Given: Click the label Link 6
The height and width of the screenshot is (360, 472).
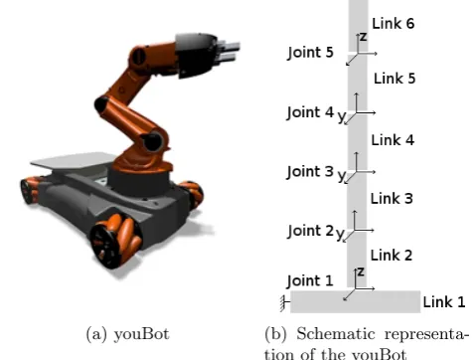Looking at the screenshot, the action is coord(393,24).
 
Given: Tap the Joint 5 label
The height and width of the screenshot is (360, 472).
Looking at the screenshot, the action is coord(310,53).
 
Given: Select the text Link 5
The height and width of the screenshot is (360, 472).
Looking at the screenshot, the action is coord(394,79).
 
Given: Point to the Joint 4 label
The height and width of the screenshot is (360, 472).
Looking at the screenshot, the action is coord(310,112).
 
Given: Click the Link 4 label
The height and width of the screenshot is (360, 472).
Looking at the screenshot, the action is coord(393,140).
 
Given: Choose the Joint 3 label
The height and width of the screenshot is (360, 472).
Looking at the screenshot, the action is coord(310,172).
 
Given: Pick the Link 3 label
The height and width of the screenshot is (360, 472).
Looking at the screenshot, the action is coord(392,199).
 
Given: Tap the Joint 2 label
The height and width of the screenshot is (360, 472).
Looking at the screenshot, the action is coord(310,231).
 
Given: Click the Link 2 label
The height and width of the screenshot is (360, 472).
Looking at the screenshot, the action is coord(392,256).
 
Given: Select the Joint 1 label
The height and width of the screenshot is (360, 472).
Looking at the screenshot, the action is coord(310,281).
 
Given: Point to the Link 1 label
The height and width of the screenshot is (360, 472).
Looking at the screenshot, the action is coord(444,302).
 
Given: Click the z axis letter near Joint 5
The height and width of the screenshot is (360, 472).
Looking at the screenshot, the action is coord(364,37).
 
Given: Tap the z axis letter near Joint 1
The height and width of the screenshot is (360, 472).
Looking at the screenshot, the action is coord(361,272).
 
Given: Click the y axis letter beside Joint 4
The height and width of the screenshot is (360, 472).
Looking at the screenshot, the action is coord(342,116).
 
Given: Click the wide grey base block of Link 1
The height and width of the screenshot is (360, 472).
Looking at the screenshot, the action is coord(356,301).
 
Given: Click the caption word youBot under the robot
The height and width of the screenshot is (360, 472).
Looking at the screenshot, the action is coord(141,334).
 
